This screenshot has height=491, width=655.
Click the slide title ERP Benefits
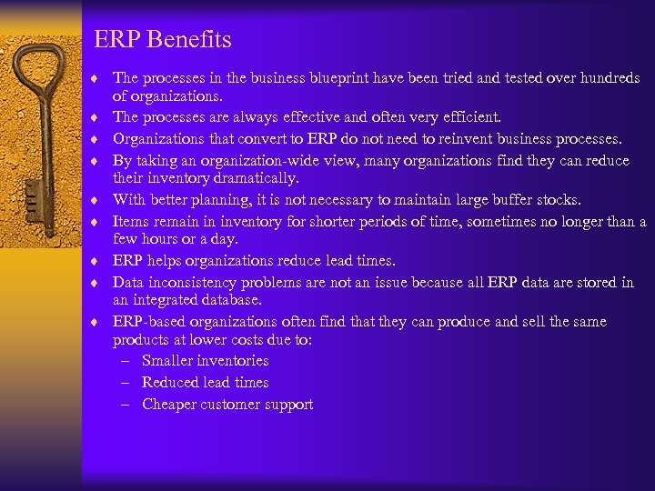163,40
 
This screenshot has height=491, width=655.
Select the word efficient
471,117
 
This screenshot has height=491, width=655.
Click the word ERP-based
148,322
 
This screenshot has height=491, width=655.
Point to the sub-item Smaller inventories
206,361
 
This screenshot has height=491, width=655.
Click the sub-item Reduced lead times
206,383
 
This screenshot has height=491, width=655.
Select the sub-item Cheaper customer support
227,405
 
